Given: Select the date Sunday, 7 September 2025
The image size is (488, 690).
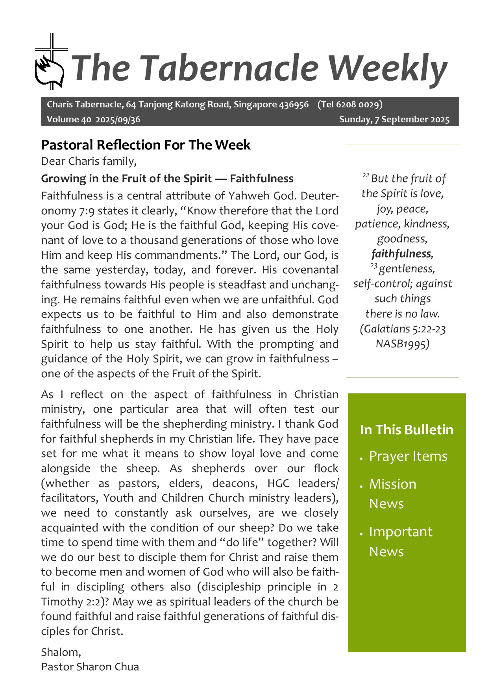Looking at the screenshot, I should (x=394, y=120).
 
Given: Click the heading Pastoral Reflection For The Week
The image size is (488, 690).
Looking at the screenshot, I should (x=146, y=145).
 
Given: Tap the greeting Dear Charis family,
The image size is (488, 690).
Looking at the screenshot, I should (x=89, y=161).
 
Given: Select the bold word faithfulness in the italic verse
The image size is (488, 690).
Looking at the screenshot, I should (x=401, y=254).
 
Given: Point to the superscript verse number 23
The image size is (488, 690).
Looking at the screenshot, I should (x=373, y=266).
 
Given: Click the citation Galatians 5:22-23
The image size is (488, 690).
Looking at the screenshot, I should (x=403, y=329).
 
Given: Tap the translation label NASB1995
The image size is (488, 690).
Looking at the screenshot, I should (x=402, y=343).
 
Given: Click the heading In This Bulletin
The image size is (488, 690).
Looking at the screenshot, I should (x=407, y=430).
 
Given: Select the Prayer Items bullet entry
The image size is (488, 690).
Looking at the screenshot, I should (x=408, y=456).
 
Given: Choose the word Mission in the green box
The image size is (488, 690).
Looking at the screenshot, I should (x=392, y=484).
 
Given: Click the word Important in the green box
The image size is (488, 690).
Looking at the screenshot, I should (x=401, y=532).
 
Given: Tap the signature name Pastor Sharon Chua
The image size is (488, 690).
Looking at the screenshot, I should (x=90, y=667).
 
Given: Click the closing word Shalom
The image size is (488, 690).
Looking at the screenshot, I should (x=60, y=652).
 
